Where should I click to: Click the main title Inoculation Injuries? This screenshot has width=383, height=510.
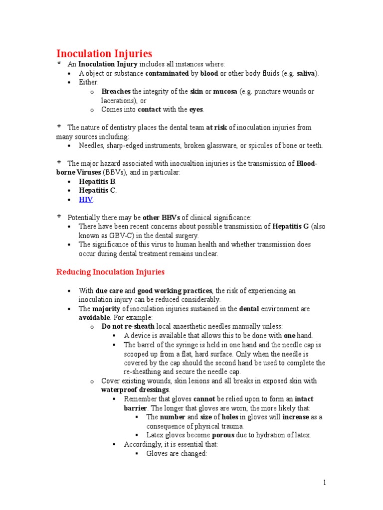click(104, 53)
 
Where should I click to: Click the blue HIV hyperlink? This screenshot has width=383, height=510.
click(86, 200)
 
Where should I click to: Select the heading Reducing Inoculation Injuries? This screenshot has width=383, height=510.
click(110, 272)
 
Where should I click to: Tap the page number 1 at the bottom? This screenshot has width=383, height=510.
click(324, 482)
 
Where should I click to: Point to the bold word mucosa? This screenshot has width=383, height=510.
click(225, 92)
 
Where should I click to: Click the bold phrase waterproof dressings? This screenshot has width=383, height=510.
click(135, 389)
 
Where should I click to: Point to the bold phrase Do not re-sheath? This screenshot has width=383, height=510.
click(128, 327)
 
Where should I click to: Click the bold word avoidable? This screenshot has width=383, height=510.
click(94, 317)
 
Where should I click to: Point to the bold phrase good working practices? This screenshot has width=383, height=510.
click(175, 290)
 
